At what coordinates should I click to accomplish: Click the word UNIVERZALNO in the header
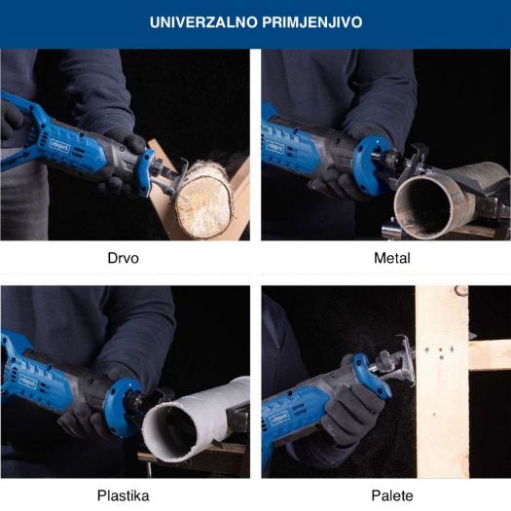click(x=203, y=22)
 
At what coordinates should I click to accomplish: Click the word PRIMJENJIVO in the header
click(x=312, y=22)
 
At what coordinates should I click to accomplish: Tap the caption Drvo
click(x=124, y=258)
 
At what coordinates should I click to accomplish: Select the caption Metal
click(x=391, y=258)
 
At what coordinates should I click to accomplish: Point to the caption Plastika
click(x=124, y=495)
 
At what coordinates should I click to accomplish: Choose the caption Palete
click(x=392, y=495)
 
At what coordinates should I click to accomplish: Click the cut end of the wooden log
click(x=203, y=206)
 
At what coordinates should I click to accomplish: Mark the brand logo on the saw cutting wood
click(x=59, y=145)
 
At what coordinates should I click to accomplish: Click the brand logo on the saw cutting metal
click(x=274, y=147)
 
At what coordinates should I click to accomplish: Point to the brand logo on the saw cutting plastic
click(x=27, y=382)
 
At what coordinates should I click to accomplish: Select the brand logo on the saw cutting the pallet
click(x=278, y=420)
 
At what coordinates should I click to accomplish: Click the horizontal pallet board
click(x=490, y=354)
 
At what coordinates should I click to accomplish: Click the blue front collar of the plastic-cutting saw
click(x=120, y=408)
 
